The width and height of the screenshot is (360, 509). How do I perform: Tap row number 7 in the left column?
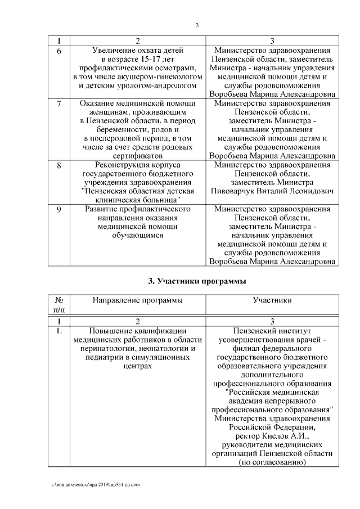point(58,104)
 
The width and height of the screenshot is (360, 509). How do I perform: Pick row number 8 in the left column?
point(58,165)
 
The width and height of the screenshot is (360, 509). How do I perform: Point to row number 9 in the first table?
point(58,209)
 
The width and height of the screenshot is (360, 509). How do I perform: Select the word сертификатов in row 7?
point(137,155)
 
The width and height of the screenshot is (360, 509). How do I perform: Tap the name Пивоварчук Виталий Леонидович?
point(272,191)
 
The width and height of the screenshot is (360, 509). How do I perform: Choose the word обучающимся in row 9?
point(137,235)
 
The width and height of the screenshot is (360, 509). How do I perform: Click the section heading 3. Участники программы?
point(196,281)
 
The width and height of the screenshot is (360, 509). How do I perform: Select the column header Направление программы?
point(137,300)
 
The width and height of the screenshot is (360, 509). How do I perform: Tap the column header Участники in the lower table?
point(272,300)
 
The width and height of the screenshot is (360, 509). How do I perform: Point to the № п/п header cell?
point(58,304)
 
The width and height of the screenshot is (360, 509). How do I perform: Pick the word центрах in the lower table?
point(137,366)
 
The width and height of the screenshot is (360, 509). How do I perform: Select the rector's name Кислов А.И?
point(272,436)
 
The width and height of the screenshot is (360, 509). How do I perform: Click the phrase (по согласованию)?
point(272,462)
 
